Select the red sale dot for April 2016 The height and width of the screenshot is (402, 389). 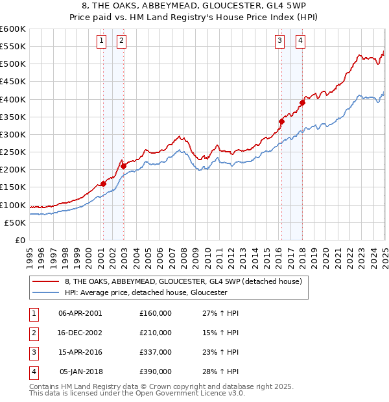coord(281,121)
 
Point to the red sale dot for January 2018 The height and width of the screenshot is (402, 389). coord(302,102)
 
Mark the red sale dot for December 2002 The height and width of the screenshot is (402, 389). coord(123,166)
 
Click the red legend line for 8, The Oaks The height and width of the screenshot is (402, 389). coord(46,281)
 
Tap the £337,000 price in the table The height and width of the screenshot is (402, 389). coord(156,353)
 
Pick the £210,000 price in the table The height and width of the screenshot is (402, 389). coord(156,333)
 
